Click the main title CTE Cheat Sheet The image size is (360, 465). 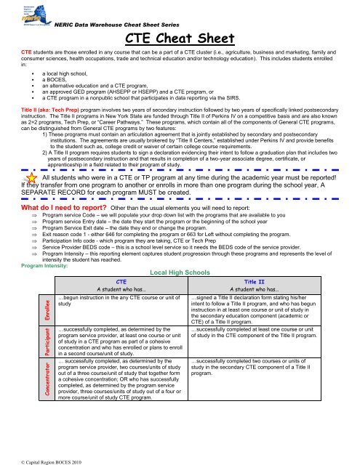pyautogui.click(x=180, y=38)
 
